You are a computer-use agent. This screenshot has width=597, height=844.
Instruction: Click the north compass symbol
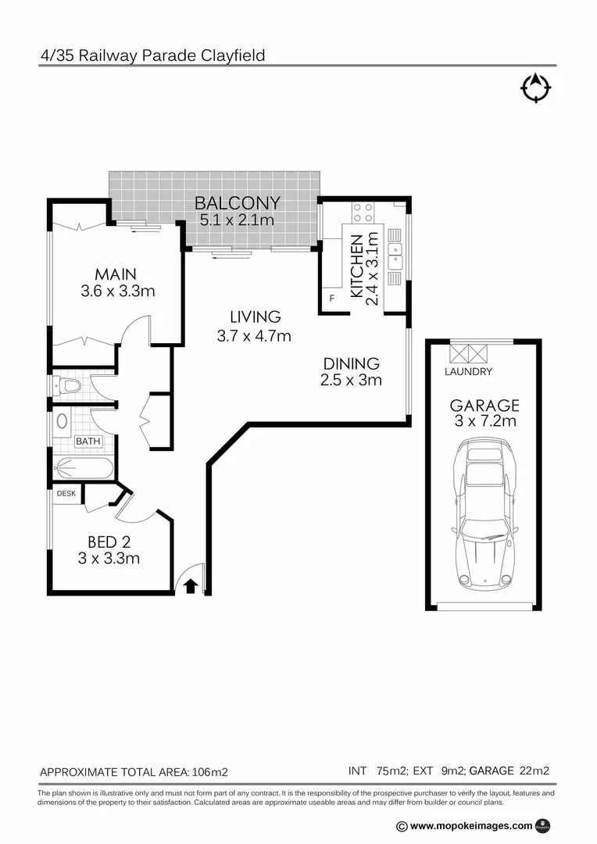coord(535,88)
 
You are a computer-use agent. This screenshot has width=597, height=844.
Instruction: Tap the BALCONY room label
coord(237,205)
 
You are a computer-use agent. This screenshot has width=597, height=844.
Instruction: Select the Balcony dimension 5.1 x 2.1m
coord(237,220)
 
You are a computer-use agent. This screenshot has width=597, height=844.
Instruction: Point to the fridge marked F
coord(332,299)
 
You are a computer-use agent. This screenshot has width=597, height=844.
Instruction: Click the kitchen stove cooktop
coord(363,213)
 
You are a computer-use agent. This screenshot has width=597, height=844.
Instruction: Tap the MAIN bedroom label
coord(116,274)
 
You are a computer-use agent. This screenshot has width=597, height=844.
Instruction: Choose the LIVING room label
coord(255,317)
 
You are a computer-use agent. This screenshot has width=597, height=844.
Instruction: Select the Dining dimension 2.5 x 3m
coord(351,381)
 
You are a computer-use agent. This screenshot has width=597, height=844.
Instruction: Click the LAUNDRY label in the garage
coord(468,372)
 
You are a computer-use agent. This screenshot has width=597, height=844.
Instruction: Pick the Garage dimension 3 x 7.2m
coord(484,423)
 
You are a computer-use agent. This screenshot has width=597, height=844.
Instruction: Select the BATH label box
coord(88,442)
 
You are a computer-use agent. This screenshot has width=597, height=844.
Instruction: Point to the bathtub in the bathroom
coord(84,469)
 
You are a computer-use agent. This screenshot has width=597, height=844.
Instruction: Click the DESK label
coord(66,494)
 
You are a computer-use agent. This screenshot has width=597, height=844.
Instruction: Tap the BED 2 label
coord(109,542)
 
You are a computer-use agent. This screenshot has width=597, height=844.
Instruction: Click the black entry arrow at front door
coord(190,585)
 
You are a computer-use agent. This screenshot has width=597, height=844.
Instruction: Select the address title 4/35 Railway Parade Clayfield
coord(152,55)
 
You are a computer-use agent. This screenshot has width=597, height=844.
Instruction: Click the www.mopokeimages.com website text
coord(470,825)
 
